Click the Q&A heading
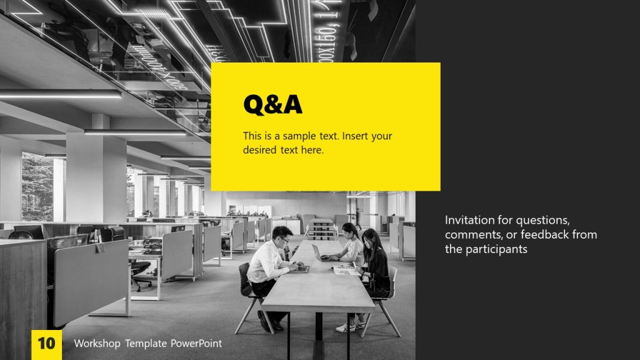(272, 105)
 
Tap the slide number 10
(46, 343)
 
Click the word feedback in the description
(535, 234)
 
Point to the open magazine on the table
(346, 270)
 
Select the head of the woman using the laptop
(349, 231)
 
